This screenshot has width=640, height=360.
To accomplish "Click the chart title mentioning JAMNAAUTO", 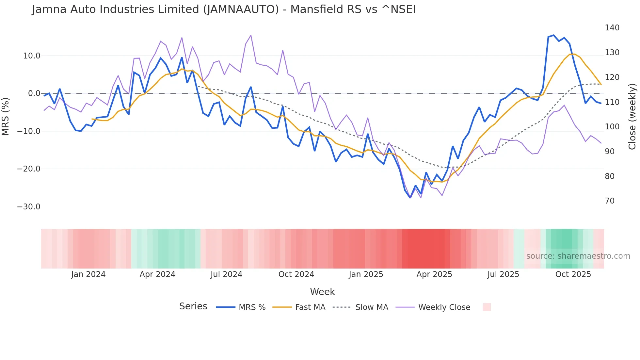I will tap(224, 9).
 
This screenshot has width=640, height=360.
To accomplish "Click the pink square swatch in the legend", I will tap(487, 307).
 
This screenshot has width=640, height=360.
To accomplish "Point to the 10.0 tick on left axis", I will tap(32, 56).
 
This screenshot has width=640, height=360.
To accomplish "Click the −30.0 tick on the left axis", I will tap(29, 207).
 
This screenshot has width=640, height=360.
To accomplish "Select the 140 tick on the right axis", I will tap(612, 28).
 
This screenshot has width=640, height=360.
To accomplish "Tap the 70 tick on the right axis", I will tap(610, 201).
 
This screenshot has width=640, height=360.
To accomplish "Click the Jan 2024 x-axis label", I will tap(88, 274).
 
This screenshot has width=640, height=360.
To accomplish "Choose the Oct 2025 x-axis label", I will tap(573, 274).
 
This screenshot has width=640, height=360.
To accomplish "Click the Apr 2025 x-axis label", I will tap(434, 274).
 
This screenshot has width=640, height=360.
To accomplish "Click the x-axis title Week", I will tap(322, 292).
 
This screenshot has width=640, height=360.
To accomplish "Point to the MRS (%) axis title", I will tap(6, 116).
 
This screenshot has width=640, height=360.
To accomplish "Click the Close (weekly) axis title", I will tap(632, 116).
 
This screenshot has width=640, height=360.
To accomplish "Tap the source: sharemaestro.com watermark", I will tap(578, 256).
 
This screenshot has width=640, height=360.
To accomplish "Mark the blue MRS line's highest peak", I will tap(553, 35).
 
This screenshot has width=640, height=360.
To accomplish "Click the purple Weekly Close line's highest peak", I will tap(251, 35).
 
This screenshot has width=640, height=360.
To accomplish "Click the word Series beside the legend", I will tap(193, 306).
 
